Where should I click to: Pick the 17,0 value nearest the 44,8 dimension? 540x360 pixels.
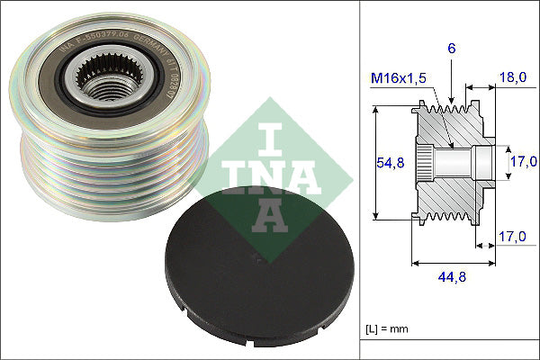point(511,237)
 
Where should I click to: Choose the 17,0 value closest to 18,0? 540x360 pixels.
point(517,162)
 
